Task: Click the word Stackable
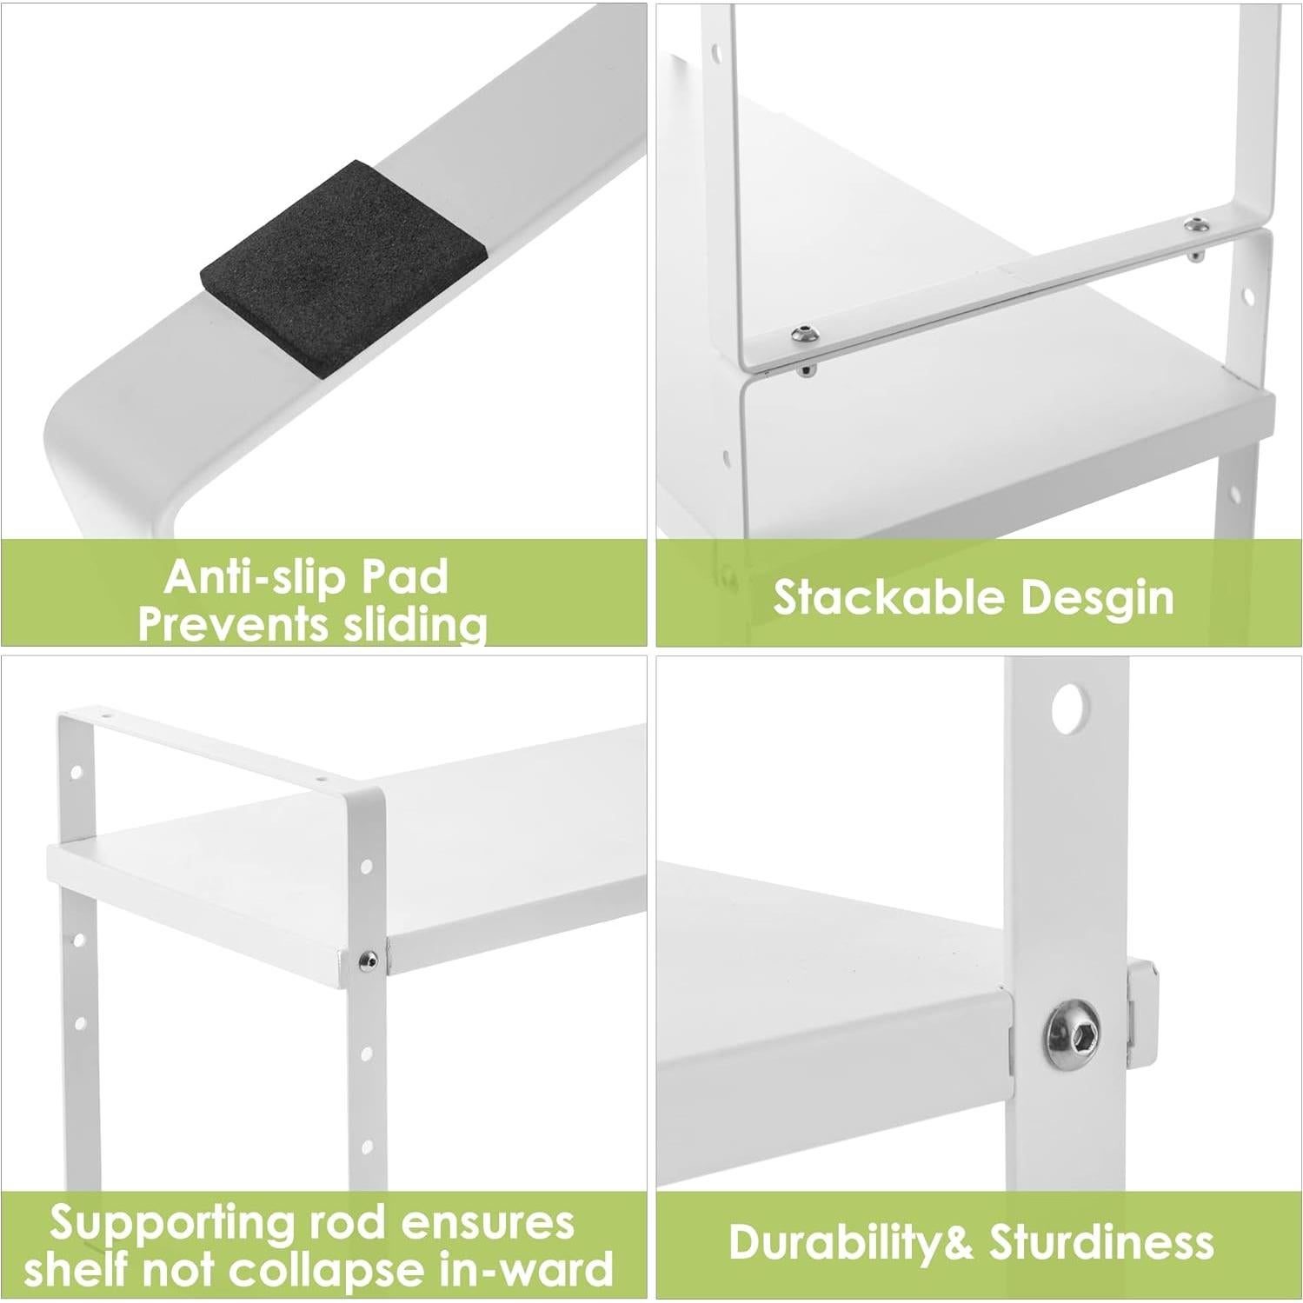[889, 598]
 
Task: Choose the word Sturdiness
[1101, 1242]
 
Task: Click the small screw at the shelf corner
[368, 959]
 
